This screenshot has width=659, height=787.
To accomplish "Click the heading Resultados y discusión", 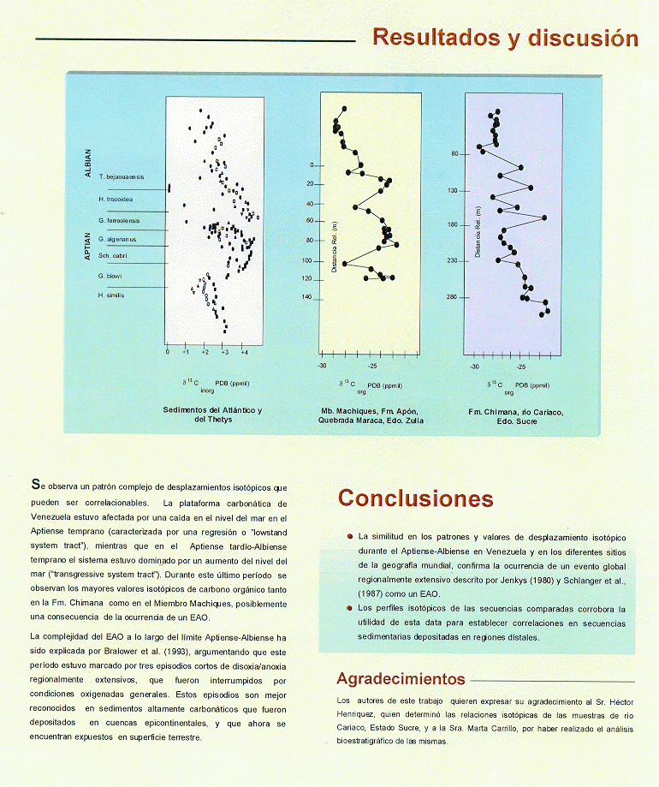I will click(505, 39).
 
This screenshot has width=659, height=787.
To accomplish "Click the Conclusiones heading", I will click(415, 498).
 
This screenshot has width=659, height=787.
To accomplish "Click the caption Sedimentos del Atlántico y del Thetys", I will click(212, 415).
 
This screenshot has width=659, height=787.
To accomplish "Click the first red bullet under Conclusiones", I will click(350, 537).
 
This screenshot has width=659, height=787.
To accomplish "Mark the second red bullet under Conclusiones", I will click(350, 609).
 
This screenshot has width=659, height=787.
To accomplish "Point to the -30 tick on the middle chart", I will click(323, 366).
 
